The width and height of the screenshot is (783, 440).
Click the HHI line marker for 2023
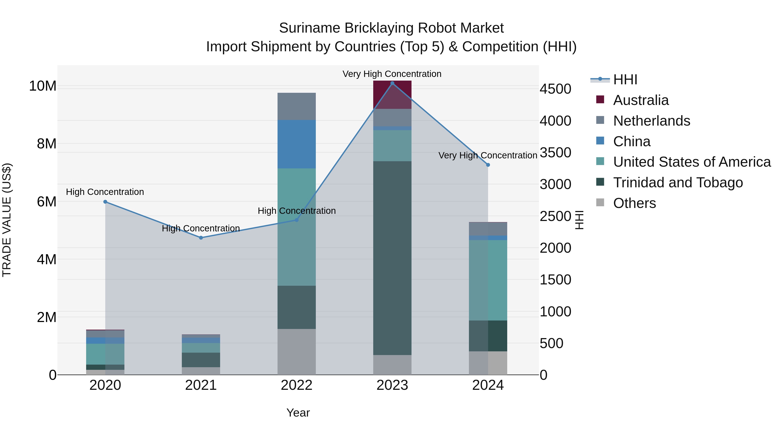pyautogui.click(x=392, y=83)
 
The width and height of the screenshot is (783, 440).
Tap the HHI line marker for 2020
pyautogui.click(x=105, y=202)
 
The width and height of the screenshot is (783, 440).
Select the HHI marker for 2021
pyautogui.click(x=201, y=238)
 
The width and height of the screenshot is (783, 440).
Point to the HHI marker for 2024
pyautogui.click(x=488, y=165)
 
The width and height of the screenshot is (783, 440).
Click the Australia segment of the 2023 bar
pyautogui.click(x=392, y=95)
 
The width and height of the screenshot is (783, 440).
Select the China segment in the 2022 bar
pyautogui.click(x=296, y=144)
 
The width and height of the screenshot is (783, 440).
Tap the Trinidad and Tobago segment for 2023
pyautogui.click(x=392, y=258)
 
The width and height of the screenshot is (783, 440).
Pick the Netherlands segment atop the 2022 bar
pyautogui.click(x=296, y=106)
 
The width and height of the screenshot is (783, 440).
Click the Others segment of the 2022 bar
pyautogui.click(x=296, y=352)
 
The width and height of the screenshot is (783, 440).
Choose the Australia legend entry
pyautogui.click(x=641, y=100)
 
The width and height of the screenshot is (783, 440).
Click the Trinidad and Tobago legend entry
pyautogui.click(x=678, y=183)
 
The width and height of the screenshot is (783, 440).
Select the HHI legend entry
pyautogui.click(x=625, y=80)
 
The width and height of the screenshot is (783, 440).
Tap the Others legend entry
pyautogui.click(x=634, y=203)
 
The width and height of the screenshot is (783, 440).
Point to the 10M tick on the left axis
pyautogui.click(x=43, y=86)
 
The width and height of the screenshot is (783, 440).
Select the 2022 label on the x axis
pyautogui.click(x=296, y=385)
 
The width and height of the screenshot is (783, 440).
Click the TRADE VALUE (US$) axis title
pyautogui.click(x=7, y=220)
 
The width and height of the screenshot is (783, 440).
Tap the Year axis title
pyautogui.click(x=298, y=413)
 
